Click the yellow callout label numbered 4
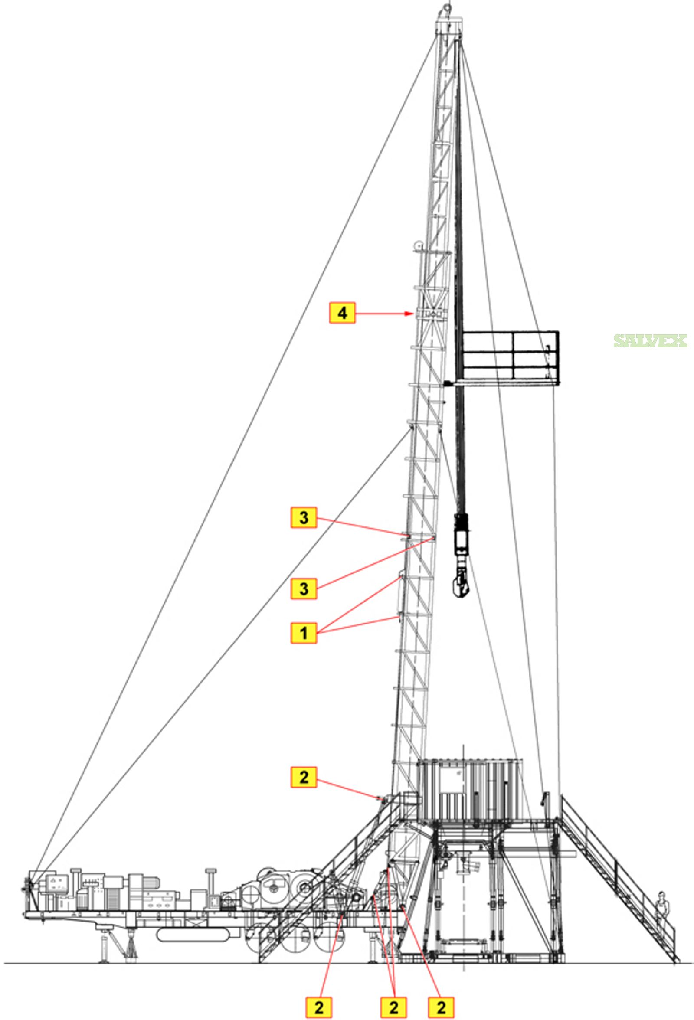point(342,314)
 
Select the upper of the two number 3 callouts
point(303,517)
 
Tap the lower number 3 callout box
point(303,588)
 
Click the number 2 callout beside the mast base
point(303,777)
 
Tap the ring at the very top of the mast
point(447,7)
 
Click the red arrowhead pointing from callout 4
point(409,314)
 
